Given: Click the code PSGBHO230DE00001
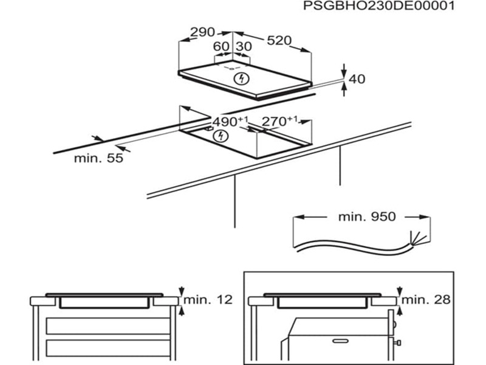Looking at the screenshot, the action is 378,5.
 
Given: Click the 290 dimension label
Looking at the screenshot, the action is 202,32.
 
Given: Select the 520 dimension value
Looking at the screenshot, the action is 279,40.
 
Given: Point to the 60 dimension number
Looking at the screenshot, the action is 221,47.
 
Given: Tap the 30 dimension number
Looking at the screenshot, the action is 244,47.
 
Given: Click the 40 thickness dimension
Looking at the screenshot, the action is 357,79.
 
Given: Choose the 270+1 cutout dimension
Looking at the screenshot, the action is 279,121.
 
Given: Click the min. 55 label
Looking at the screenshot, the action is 98,158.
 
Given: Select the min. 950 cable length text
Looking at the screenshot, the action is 367,217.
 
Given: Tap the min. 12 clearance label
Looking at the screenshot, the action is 208,299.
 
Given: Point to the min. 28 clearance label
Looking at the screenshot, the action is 426,299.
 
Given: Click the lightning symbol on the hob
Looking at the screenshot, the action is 242,78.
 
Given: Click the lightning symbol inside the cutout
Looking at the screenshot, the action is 221,136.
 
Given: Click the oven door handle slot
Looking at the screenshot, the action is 340,341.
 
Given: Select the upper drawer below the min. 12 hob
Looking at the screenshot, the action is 108,326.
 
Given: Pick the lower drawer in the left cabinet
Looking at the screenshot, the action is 108,348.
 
